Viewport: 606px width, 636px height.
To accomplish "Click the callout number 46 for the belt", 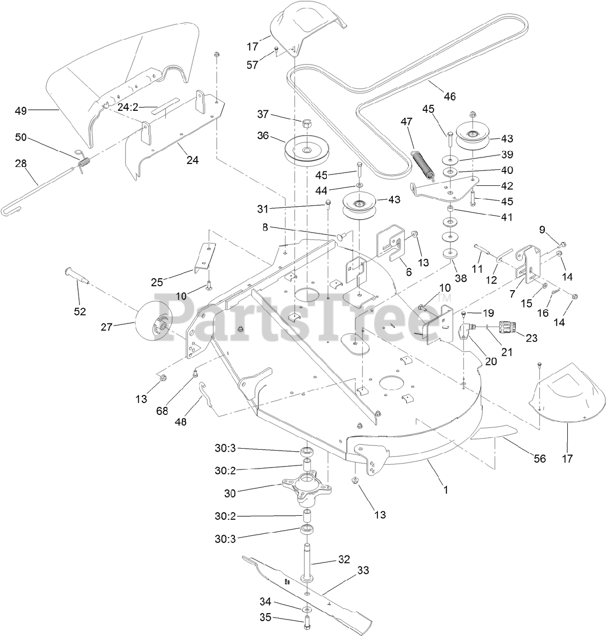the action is pyautogui.click(x=450, y=96).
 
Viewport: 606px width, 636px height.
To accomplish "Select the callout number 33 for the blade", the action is pyautogui.click(x=364, y=571).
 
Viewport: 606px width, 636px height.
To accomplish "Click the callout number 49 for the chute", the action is pyautogui.click(x=21, y=110).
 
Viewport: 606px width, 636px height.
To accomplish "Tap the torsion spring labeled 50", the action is pyautogui.click(x=85, y=162).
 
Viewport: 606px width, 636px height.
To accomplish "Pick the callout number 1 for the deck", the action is pyautogui.click(x=446, y=489).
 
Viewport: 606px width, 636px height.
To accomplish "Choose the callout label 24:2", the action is pyautogui.click(x=130, y=106).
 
